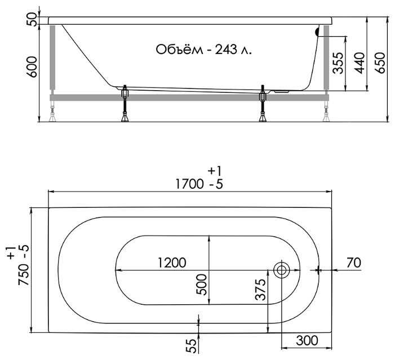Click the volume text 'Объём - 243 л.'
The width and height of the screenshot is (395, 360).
tap(203, 50)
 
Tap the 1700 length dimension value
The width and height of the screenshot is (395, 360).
tap(189, 184)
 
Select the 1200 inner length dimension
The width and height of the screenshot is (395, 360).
tap(172, 263)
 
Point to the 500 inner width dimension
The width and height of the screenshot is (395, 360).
tap(202, 285)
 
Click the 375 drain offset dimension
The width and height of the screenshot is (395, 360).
tap(261, 290)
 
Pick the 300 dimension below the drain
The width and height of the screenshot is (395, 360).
tap(307, 341)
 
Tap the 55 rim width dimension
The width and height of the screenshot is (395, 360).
tap(192, 346)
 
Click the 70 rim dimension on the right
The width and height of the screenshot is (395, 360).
tap(354, 263)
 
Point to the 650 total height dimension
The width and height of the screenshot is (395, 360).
tap(380, 63)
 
